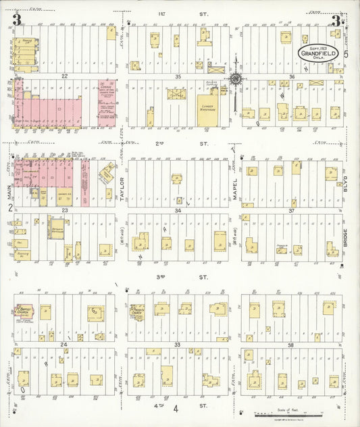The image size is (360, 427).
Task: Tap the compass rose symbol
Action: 236,79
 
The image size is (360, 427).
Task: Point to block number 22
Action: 65,76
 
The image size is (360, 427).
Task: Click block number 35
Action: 178,76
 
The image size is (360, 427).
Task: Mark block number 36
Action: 292,76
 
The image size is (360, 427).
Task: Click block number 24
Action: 65,345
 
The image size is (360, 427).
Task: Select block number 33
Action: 178,345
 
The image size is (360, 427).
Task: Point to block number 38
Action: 292,345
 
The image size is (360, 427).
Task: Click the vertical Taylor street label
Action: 122,184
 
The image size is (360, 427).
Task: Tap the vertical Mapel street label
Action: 235,184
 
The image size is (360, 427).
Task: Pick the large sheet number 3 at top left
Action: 17,20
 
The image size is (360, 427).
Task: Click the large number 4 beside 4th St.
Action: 175,408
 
